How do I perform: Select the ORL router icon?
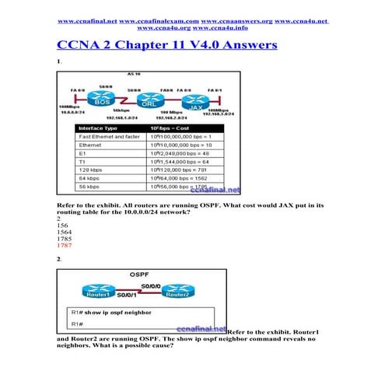point(151,101)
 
